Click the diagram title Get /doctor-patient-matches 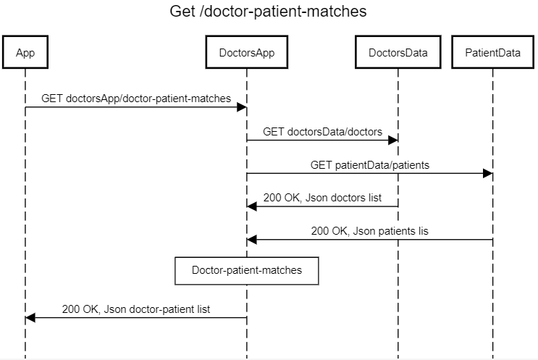268,12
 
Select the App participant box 25,52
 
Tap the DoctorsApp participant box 247,52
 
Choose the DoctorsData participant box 398,52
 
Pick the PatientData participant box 492,52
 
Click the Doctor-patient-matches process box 247,270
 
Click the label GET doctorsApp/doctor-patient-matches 136,98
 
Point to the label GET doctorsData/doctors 322,131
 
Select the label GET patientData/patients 369,164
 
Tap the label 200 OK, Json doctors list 322,198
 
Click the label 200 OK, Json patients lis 370,231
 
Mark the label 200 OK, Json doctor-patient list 136,309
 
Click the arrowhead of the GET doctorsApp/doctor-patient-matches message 242,107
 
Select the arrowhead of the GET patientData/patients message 487,174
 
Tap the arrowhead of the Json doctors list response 252,207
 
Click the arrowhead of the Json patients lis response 252,240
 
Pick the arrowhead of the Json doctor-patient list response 30,318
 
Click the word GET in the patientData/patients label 321,164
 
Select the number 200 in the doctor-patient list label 71,309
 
